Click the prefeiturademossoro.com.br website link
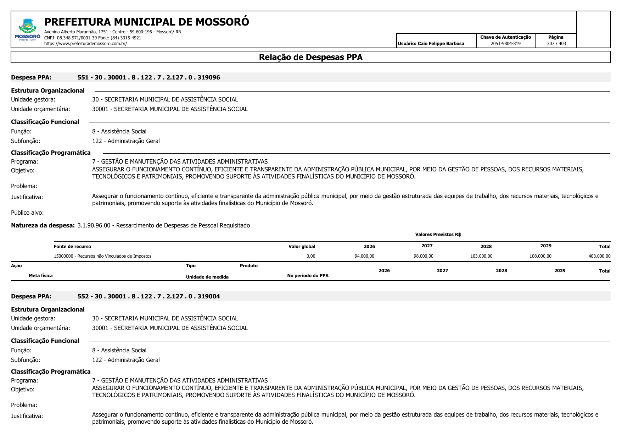[x=85, y=44]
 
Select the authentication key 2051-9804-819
[x=505, y=44]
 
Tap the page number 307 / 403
[x=556, y=44]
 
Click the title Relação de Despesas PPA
[x=310, y=57]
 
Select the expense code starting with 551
[x=149, y=77]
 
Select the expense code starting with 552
[x=149, y=296]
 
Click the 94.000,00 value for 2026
[x=364, y=256]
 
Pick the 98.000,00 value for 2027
[x=423, y=256]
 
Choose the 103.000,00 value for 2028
[x=481, y=256]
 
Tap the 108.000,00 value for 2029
[x=540, y=256]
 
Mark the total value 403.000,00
[x=599, y=256]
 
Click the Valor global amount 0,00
[x=310, y=256]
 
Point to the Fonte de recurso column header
[x=72, y=247]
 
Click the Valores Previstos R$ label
[x=438, y=235]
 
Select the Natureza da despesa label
[x=43, y=225]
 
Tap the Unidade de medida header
[x=207, y=277]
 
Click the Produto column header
[x=248, y=266]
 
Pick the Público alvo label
[x=27, y=213]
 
